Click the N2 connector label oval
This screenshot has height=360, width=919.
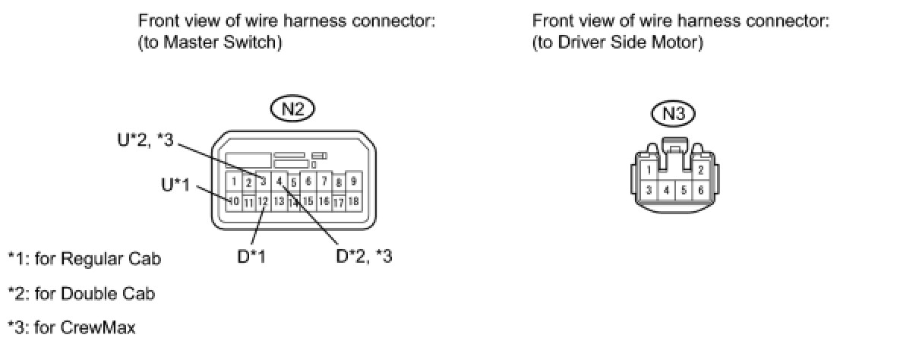(292, 109)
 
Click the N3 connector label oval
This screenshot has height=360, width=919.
(674, 114)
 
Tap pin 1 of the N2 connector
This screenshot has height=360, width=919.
(235, 182)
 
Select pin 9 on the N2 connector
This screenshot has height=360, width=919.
(353, 182)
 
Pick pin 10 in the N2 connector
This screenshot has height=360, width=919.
(235, 201)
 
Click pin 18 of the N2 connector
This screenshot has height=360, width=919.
(353, 201)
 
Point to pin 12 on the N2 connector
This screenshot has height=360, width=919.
(263, 201)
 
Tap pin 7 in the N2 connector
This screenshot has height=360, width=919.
(324, 182)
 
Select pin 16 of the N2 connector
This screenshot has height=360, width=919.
(324, 201)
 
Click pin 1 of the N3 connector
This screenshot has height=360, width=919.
(648, 170)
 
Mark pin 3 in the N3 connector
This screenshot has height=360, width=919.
(648, 190)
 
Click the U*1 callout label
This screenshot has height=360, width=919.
(175, 185)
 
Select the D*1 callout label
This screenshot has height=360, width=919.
(251, 257)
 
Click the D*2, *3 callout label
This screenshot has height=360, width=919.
(365, 257)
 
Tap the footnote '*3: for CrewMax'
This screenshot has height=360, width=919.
(72, 328)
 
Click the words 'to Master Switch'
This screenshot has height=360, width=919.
(210, 43)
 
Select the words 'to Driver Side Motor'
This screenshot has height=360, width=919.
(617, 43)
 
